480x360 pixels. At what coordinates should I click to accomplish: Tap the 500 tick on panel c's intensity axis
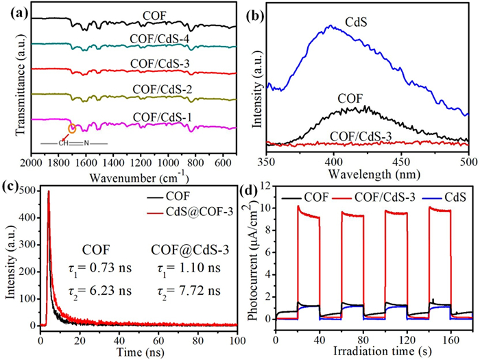point(30,193)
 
